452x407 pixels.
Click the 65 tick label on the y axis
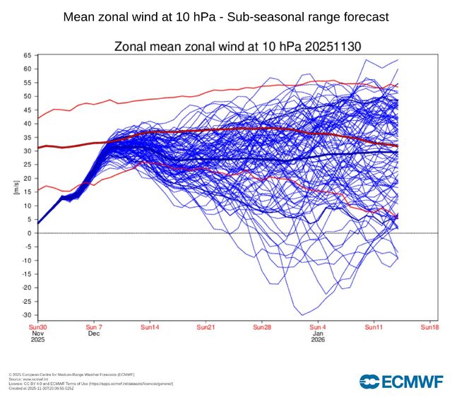pos(27,55)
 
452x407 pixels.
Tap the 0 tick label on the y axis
pos(30,233)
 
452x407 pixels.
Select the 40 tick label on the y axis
pos(27,124)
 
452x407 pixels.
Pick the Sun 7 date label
pos(95,327)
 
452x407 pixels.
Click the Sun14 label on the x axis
pos(150,327)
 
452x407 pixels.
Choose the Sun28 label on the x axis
pos(262,327)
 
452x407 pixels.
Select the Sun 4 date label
pos(319,327)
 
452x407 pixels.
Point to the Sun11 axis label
pos(374,327)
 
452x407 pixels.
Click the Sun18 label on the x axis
pos(430,327)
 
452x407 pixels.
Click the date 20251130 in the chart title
pos(332,47)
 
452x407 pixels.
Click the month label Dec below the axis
pos(93,334)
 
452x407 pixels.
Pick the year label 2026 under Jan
pos(319,341)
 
